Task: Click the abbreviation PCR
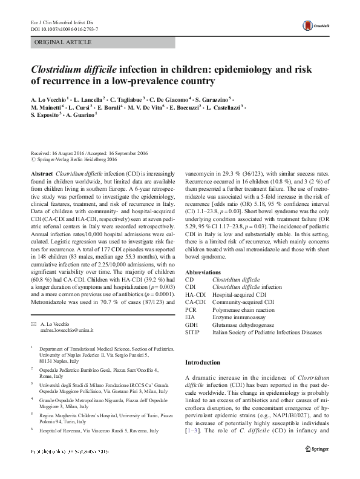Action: (190, 309)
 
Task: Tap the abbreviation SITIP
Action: (192, 332)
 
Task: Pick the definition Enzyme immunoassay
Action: (238, 317)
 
